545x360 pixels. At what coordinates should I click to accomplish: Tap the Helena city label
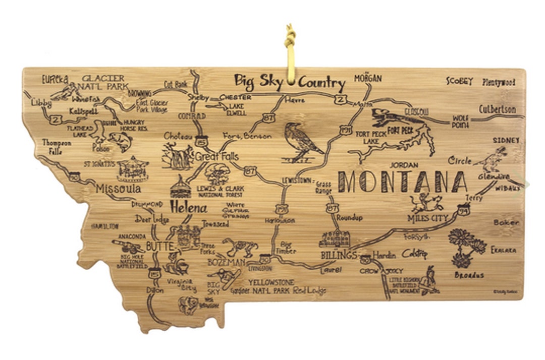pyautogui.click(x=188, y=207)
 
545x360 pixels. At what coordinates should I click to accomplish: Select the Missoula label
pyautogui.click(x=119, y=189)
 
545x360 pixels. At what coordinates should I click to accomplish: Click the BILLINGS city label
pyautogui.click(x=339, y=255)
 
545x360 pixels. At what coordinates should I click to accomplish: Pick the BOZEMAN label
pyautogui.click(x=226, y=262)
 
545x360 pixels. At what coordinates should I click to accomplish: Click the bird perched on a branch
pyautogui.click(x=301, y=141)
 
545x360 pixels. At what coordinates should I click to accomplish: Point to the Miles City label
pyautogui.click(x=427, y=218)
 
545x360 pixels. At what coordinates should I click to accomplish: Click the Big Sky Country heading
pyautogui.click(x=290, y=82)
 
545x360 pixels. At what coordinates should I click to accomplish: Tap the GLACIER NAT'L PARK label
pyautogui.click(x=103, y=83)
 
